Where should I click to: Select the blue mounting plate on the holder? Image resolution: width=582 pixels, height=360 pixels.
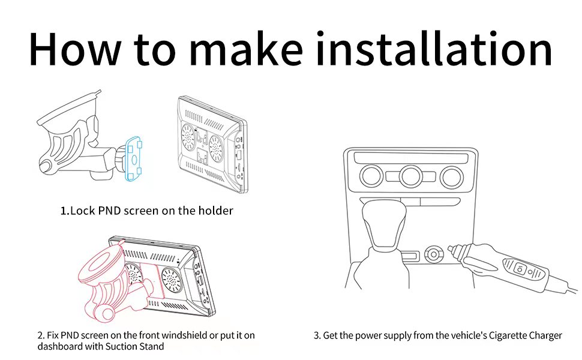point(133,158)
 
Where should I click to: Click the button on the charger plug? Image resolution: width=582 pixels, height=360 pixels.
point(520,269)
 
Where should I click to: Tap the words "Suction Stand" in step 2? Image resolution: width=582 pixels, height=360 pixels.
point(134,346)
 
